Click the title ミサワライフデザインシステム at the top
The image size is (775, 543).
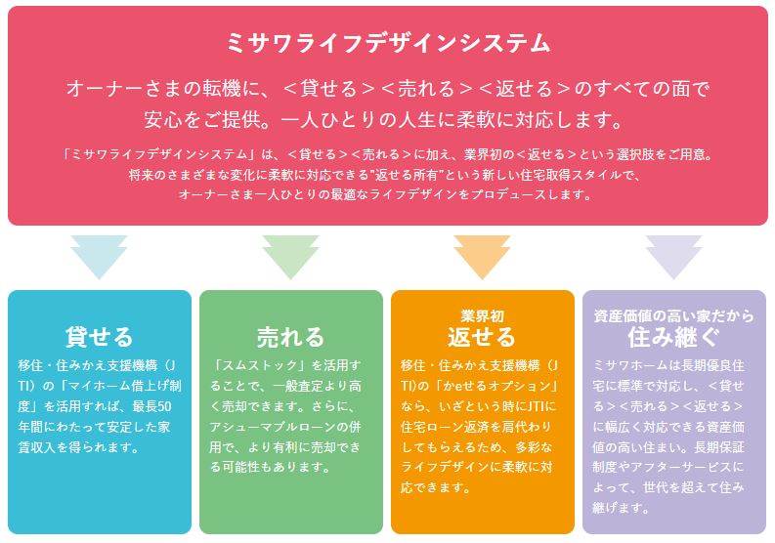[x=388, y=43]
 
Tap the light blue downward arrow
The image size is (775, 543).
[x=99, y=257]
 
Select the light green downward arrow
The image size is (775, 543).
[x=290, y=257]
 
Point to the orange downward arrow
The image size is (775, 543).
[x=482, y=257]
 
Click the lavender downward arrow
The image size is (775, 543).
[x=673, y=257]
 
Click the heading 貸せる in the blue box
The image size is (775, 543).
[x=100, y=337]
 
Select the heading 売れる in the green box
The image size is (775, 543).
[x=290, y=337]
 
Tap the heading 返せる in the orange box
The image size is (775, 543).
[x=482, y=337]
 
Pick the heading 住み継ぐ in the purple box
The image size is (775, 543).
[x=673, y=337]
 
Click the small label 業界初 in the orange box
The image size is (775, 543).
[x=482, y=315]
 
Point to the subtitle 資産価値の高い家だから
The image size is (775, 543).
[x=673, y=315]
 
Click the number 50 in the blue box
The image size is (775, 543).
[x=164, y=406]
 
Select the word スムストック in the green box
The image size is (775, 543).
[x=260, y=365]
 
